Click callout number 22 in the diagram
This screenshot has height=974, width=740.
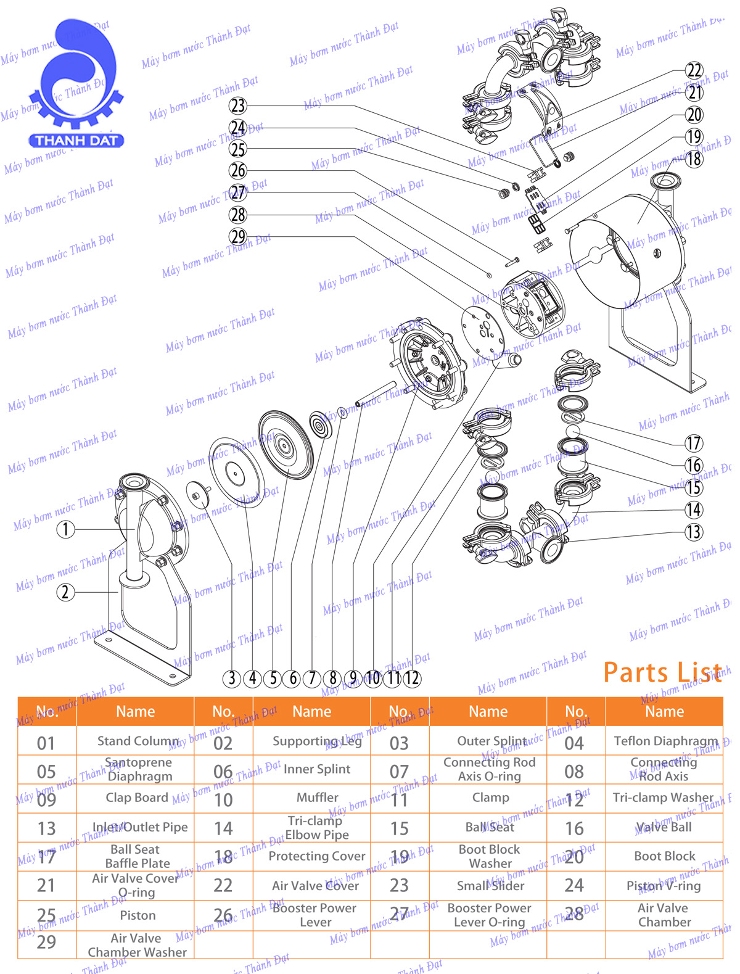(x=694, y=70)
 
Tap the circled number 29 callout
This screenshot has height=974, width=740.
(x=237, y=236)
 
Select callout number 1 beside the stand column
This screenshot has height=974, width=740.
(x=65, y=529)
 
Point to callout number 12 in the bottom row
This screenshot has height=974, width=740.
(x=412, y=679)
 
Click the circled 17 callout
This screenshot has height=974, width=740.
(x=694, y=443)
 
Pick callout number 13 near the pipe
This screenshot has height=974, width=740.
(x=694, y=532)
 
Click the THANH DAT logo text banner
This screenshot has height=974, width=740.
(x=76, y=141)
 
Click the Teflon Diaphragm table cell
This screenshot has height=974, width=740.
(x=665, y=741)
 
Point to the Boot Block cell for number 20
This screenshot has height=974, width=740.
(x=665, y=856)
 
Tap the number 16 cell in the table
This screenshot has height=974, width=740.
(x=575, y=828)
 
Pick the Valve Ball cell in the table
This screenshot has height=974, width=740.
(x=664, y=827)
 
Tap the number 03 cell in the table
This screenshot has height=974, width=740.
(x=399, y=743)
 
